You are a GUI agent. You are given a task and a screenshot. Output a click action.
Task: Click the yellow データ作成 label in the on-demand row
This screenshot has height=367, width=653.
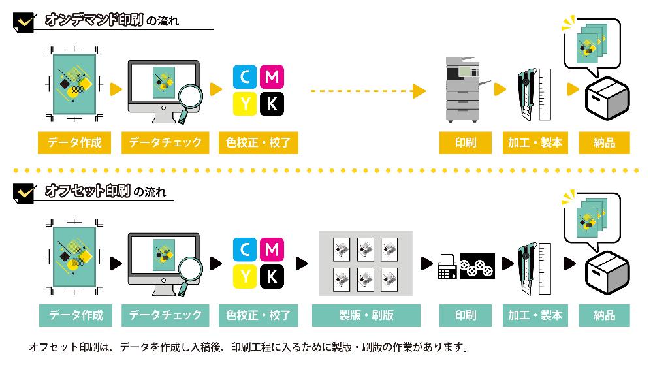tap(75, 142)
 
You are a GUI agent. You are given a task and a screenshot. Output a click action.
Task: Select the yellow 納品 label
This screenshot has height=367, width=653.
tap(605, 142)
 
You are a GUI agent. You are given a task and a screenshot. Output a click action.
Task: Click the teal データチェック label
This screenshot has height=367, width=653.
tap(165, 315)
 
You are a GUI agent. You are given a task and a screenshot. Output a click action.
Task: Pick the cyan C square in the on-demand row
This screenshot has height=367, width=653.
tap(245, 77)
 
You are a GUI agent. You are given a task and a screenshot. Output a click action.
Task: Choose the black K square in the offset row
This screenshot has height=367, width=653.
tap(272, 277)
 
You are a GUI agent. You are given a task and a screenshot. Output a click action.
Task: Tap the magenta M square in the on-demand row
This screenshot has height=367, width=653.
tap(272, 77)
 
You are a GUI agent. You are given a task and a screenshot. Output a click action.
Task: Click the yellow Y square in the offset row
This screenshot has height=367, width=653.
tap(245, 277)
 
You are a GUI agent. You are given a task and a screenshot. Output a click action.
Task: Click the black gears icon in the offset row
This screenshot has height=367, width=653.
tap(477, 266)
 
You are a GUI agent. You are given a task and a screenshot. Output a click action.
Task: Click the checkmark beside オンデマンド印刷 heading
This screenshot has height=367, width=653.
tap(25, 22)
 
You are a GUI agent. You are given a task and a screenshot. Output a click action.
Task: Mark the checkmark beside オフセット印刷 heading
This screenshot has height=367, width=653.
tap(25, 193)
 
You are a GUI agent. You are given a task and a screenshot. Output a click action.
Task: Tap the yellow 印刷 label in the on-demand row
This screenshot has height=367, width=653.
tap(466, 142)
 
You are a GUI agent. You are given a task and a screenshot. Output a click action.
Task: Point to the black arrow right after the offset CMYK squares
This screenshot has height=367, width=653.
tap(302, 264)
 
